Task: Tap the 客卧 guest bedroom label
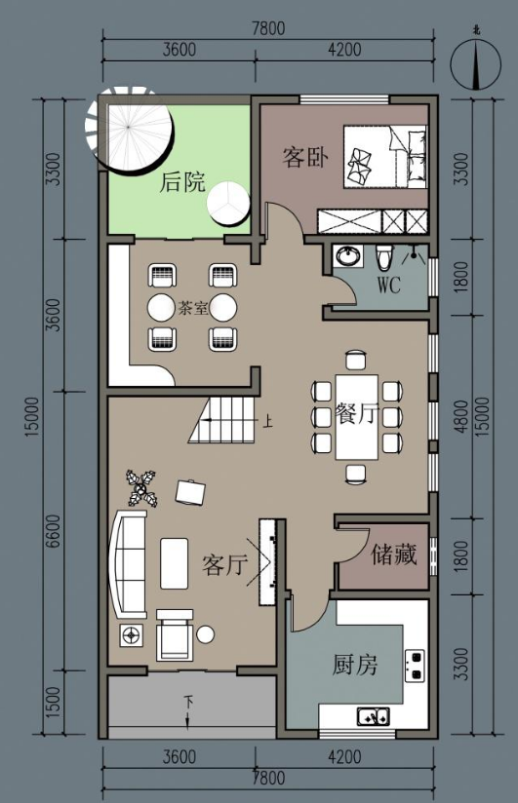305,157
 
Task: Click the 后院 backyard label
182,182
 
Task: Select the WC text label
389,285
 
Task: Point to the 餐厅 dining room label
357,414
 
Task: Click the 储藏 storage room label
394,554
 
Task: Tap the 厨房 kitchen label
355,665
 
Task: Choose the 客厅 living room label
224,564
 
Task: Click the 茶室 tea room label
193,308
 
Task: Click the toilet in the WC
383,256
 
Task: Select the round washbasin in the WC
349,255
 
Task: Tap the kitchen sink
374,716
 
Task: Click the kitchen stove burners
415,666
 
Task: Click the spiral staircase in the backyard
128,131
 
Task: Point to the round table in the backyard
227,205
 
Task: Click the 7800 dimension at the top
268,28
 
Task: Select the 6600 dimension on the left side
54,530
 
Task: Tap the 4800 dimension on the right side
461,416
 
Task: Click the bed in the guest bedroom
385,157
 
